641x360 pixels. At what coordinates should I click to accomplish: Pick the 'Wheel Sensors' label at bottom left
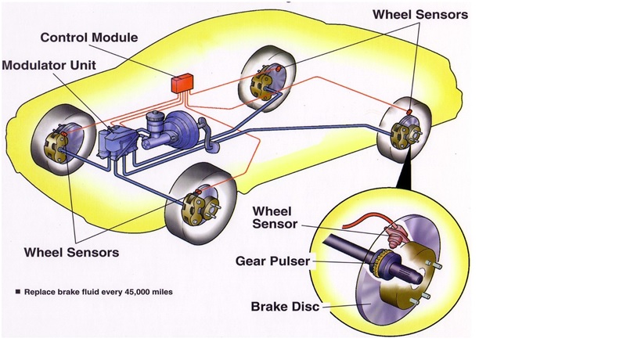tap(72, 252)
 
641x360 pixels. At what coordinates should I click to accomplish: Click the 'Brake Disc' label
tap(284, 307)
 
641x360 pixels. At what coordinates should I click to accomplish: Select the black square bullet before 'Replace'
tap(17, 291)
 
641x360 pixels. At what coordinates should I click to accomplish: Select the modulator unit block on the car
tap(115, 143)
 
